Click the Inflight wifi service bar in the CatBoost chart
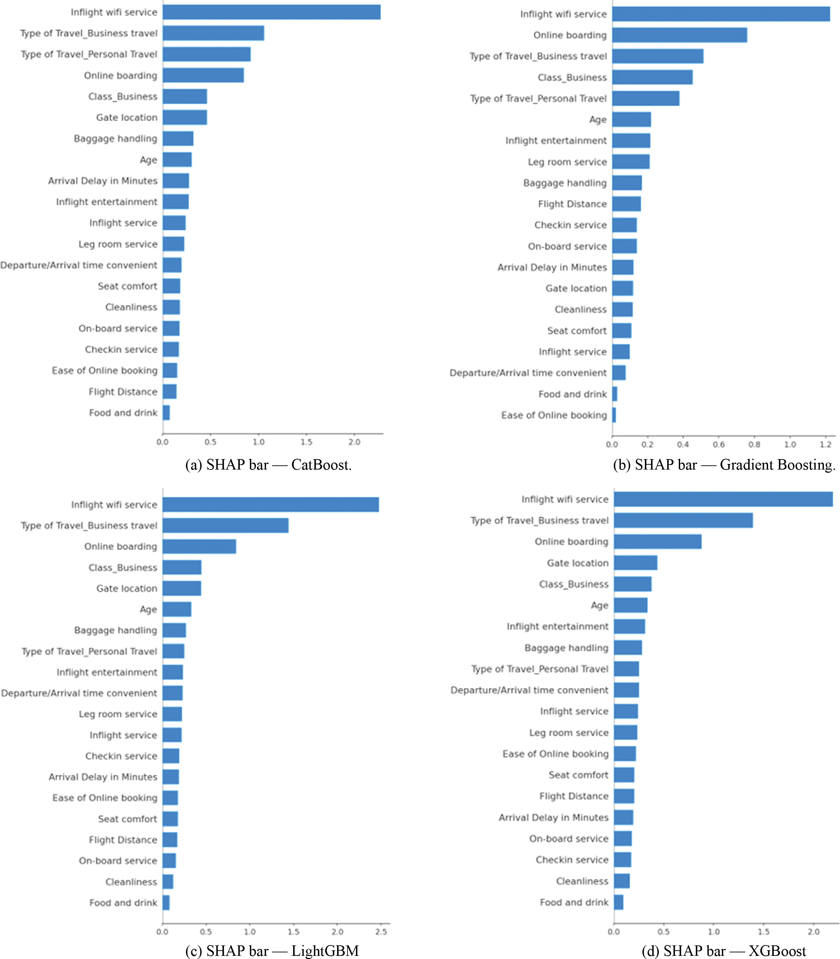click(x=272, y=12)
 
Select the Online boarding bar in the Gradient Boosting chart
click(x=680, y=35)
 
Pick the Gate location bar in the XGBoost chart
click(x=635, y=563)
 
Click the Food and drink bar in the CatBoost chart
click(x=166, y=413)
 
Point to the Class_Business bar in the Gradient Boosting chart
click(x=653, y=77)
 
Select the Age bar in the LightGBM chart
click(x=177, y=609)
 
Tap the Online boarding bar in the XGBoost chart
click(x=657, y=541)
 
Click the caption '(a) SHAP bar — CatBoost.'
click(x=269, y=465)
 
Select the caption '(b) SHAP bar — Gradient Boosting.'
click(x=724, y=465)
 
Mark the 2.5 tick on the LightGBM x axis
click(x=381, y=932)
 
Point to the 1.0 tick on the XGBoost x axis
click(x=714, y=932)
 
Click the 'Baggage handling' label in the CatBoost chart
click(x=115, y=139)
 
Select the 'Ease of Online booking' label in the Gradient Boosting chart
click(x=554, y=415)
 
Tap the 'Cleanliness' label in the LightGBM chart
click(x=131, y=882)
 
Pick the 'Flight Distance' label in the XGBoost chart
click(x=574, y=796)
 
